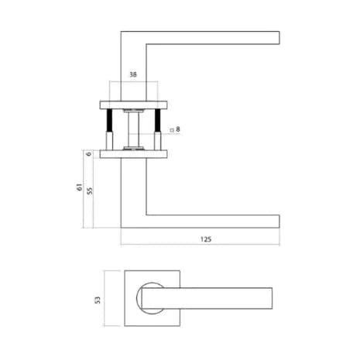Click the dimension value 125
tap(205, 239)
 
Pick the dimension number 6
tap(90, 153)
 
